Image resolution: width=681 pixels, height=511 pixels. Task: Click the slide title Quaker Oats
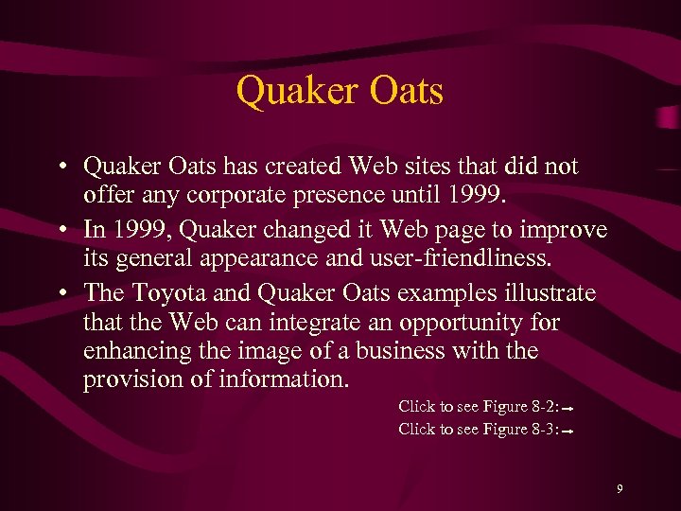340,92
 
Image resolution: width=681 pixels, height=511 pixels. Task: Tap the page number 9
620,489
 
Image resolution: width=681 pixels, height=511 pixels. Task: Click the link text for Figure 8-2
479,407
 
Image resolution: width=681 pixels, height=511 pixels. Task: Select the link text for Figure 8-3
479,430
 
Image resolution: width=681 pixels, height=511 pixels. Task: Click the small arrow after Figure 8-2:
570,409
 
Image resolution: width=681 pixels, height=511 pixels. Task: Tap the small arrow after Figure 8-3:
570,432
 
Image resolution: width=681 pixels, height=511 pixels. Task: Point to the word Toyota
166,293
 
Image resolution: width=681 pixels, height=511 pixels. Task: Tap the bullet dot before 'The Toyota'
59,294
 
